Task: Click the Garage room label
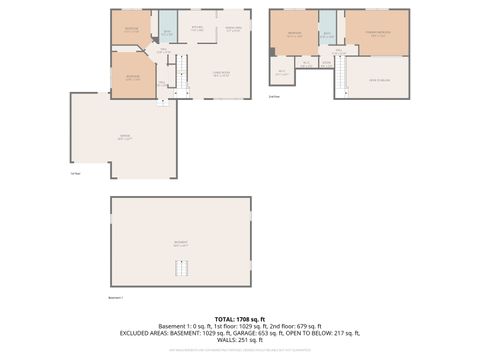tap(125, 139)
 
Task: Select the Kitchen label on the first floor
tap(197, 28)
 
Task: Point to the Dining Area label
tap(233, 29)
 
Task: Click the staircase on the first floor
tap(182, 72)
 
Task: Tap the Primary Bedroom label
tap(378, 36)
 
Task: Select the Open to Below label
tap(378, 80)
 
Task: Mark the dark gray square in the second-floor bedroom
tap(272, 51)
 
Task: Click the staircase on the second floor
tap(339, 76)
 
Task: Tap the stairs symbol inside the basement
tap(181, 268)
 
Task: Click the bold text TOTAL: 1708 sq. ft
tap(240, 318)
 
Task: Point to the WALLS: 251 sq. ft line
tap(240, 340)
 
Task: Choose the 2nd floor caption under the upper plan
tap(274, 97)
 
